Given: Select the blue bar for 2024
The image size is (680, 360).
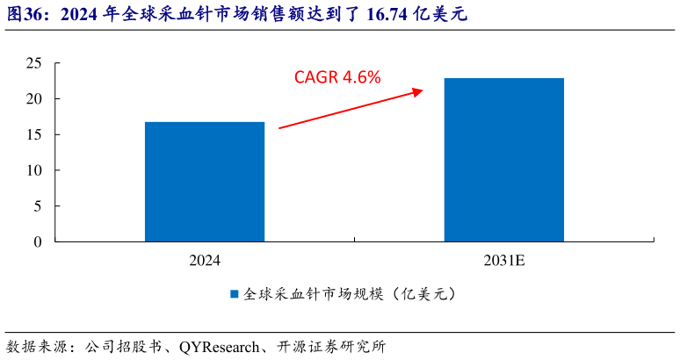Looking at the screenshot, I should [205, 181].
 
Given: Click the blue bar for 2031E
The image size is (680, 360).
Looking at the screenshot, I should [503, 159].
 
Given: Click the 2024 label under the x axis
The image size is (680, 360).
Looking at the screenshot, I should [205, 261].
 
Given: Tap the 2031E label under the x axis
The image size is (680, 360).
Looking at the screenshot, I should [503, 261].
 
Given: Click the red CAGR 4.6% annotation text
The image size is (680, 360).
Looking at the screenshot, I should [337, 77].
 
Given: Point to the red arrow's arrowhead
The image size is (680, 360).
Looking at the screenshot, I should [418, 90].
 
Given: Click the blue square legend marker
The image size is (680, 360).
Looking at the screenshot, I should [235, 294].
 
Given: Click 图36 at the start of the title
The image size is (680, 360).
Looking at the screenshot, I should [24, 14].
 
